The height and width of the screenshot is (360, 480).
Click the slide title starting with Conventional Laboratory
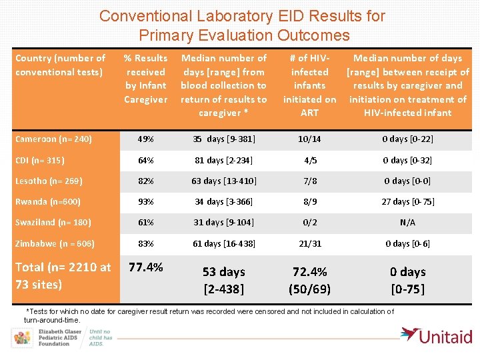click(242, 25)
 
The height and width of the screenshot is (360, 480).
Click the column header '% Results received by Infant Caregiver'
click(146, 79)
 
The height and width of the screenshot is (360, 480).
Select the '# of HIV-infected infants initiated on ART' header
click(309, 85)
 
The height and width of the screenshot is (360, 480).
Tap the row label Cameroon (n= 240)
click(53, 139)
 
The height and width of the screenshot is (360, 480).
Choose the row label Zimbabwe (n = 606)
click(55, 243)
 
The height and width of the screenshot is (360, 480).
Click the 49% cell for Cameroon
click(145, 139)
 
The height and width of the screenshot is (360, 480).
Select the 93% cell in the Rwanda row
click(145, 202)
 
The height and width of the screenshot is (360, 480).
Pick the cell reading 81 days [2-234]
click(224, 160)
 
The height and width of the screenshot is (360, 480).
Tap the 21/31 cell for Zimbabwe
click(310, 243)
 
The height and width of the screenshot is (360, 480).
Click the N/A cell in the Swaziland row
click(407, 223)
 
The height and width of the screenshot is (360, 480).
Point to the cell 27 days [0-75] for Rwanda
click(407, 202)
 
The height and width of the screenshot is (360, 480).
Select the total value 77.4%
click(146, 267)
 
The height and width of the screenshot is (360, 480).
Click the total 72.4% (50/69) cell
click(310, 279)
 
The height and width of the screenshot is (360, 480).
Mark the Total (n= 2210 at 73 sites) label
click(63, 275)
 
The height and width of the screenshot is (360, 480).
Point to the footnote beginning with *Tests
click(209, 315)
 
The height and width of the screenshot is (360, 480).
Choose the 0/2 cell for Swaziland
click(310, 223)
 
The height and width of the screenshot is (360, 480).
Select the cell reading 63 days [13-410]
click(224, 181)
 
